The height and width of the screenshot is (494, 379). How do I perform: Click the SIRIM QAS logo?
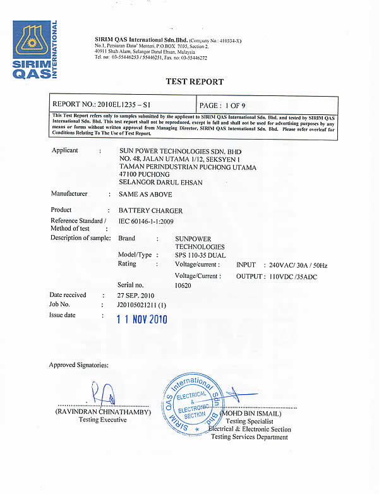point(35,49)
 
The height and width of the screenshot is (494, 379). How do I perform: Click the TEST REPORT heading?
point(195,81)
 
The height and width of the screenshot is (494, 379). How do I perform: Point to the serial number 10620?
point(183,286)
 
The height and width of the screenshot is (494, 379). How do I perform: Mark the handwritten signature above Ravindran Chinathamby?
point(105,394)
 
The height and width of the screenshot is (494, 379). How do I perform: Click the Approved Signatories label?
point(78,365)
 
